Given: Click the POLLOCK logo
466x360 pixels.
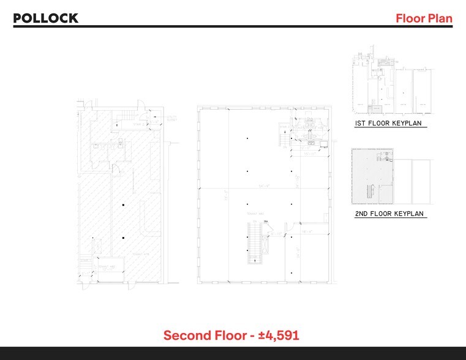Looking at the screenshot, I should click(46, 18).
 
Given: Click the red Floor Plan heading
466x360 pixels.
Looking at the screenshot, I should click(424, 18).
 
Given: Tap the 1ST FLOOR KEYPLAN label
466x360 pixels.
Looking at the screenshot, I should click(389, 124).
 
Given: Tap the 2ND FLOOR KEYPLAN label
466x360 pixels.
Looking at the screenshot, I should click(389, 214).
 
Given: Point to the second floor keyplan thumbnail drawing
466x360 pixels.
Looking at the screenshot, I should click(372, 177).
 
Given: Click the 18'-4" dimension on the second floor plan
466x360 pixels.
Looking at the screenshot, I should click(307, 232).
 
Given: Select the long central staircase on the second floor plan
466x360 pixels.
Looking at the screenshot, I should click(254, 242).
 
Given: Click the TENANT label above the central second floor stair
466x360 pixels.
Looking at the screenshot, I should click(250, 213).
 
